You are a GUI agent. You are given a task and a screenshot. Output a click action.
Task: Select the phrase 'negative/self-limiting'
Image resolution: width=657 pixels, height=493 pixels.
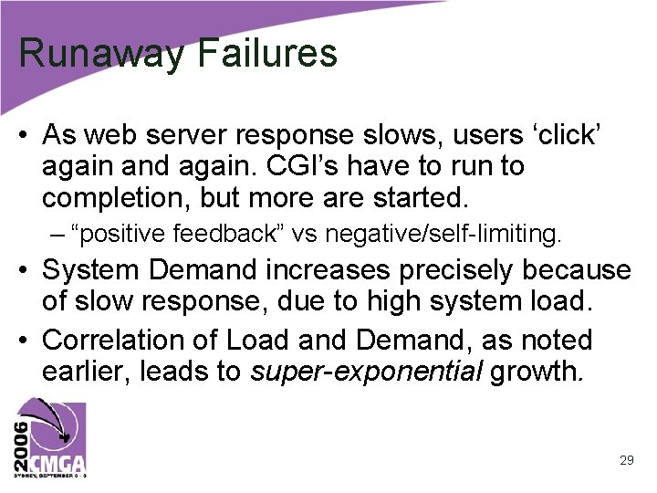pos(443,235)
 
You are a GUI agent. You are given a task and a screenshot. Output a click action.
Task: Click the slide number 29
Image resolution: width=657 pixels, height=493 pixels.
pos(626,461)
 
